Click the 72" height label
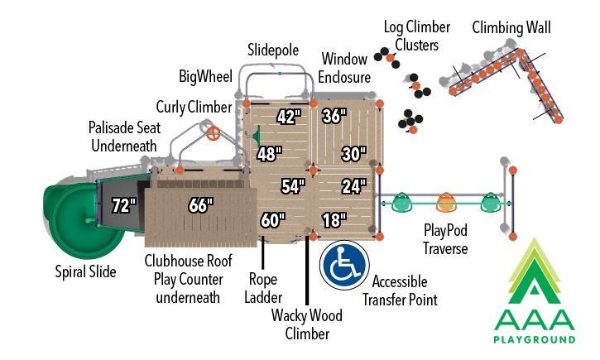[x=124, y=205]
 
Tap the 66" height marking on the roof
[x=201, y=205]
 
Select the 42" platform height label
[x=289, y=117]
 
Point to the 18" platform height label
[x=334, y=220]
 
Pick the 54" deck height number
[x=294, y=186]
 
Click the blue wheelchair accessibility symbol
[x=345, y=265]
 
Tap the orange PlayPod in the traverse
[x=446, y=202]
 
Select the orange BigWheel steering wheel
[x=214, y=133]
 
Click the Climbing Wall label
[x=511, y=28]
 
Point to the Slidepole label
[x=273, y=50]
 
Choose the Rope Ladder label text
[x=263, y=288]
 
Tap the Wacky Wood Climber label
[x=307, y=324]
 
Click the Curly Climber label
[x=194, y=107]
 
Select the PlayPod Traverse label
[x=445, y=239]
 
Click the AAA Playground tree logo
[x=535, y=290]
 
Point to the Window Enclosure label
[x=344, y=68]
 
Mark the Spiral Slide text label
[x=85, y=271]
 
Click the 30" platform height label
[x=354, y=154]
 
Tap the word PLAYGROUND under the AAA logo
[x=535, y=339]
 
